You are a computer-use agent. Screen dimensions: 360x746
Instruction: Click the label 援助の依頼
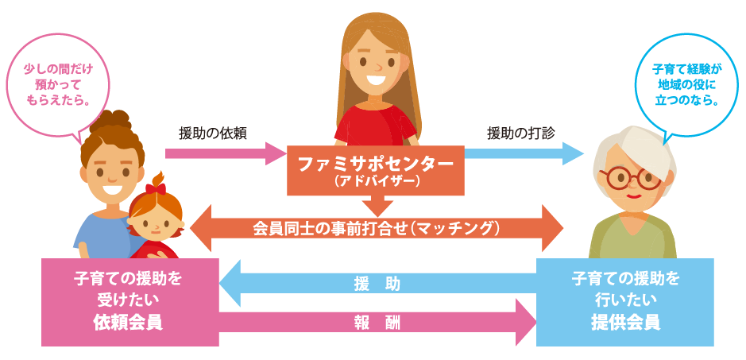tap(213, 133)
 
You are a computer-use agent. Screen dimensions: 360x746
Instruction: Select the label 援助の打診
tap(520, 133)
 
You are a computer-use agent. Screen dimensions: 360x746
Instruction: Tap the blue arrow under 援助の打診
tap(524, 153)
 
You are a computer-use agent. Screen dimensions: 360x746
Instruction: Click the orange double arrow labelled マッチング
tap(376, 228)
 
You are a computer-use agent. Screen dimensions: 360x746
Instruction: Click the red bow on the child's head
tap(156, 188)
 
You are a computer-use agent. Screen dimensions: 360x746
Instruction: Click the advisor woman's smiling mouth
tap(377, 79)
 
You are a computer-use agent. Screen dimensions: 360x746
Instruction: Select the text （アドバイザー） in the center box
tap(375, 181)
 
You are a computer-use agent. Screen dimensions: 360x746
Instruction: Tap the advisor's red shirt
tap(373, 127)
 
